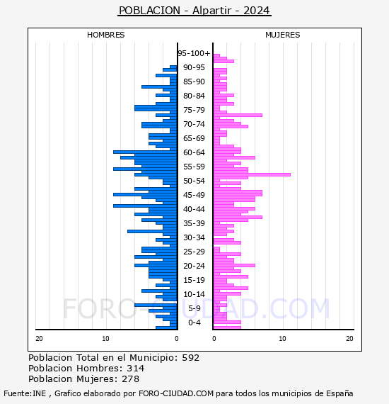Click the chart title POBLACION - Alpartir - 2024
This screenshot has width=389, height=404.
pyautogui.click(x=194, y=11)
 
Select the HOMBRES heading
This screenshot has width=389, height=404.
pyautogui.click(x=105, y=35)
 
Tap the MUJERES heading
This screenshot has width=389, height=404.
pyautogui.click(x=283, y=35)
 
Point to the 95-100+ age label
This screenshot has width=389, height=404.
pyautogui.click(x=194, y=53)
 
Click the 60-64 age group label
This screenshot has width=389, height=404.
pyautogui.click(x=194, y=152)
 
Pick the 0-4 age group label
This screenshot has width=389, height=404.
pyautogui.click(x=194, y=322)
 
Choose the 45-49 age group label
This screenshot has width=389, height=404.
pyautogui.click(x=194, y=195)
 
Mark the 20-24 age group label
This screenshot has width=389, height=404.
pyautogui.click(x=194, y=266)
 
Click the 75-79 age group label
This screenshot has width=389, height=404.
pyautogui.click(x=194, y=110)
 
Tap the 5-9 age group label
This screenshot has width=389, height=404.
pyautogui.click(x=194, y=308)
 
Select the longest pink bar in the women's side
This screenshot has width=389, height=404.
pyautogui.click(x=252, y=174)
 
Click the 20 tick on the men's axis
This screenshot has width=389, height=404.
pyautogui.click(x=39, y=339)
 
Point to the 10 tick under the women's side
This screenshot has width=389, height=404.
pyautogui.click(x=282, y=339)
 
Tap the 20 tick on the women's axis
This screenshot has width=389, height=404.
pyautogui.click(x=349, y=339)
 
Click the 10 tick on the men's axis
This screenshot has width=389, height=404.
pyautogui.click(x=105, y=339)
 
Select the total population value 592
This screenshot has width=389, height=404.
pyautogui.click(x=191, y=358)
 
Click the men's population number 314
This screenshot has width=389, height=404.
pyautogui.click(x=136, y=369)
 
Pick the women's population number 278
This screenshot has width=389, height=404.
pyautogui.click(x=131, y=379)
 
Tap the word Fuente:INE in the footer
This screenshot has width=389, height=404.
pyautogui.click(x=25, y=393)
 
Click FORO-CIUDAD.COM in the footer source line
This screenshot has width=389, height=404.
pyautogui.click(x=176, y=393)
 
